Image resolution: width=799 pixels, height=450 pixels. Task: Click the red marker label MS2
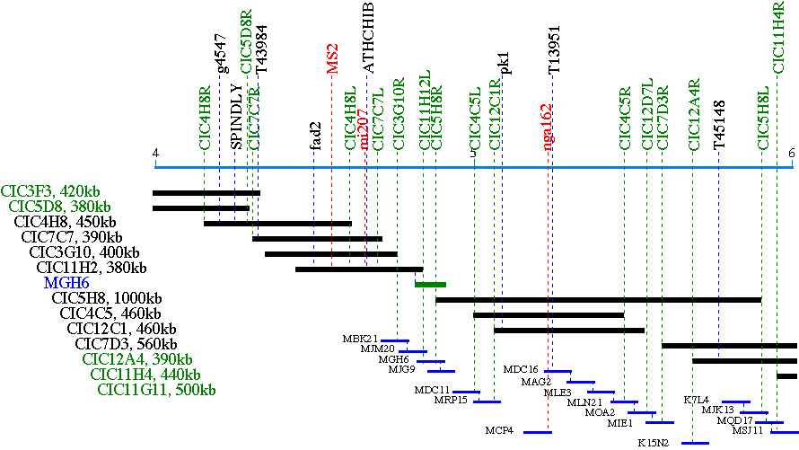(332, 57)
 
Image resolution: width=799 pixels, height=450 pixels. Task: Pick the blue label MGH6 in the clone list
(66, 283)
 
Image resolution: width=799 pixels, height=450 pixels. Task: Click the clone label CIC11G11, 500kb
(156, 390)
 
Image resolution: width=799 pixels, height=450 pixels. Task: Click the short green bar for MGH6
(430, 284)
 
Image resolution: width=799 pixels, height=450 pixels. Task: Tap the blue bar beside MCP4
(537, 432)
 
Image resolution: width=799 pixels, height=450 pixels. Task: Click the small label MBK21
(360, 339)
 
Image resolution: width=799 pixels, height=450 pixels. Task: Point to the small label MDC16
(521, 369)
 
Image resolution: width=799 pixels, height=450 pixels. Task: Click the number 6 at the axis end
(792, 153)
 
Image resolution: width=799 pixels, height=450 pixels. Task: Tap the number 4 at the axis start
(155, 153)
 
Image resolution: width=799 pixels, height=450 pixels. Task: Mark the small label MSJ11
(747, 430)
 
